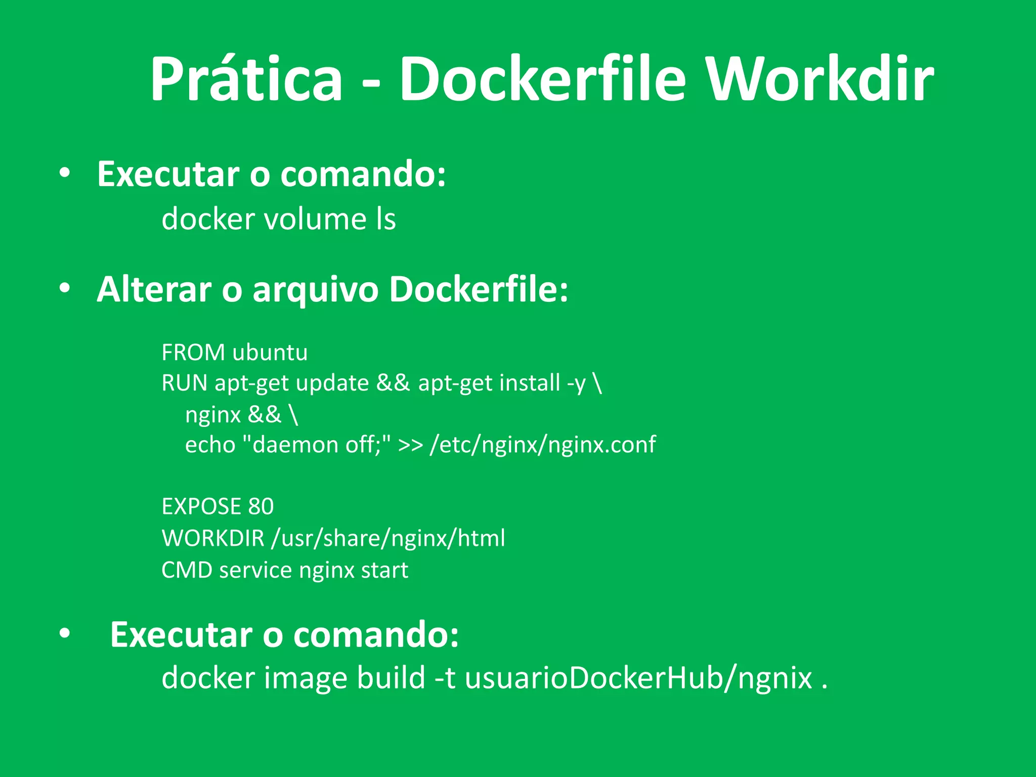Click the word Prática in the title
pyautogui.click(x=246, y=79)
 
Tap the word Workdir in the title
pyautogui.click(x=819, y=79)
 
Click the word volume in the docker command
pyautogui.click(x=315, y=220)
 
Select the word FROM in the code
pyautogui.click(x=193, y=353)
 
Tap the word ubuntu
pyautogui.click(x=270, y=353)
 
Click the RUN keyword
pyautogui.click(x=184, y=383)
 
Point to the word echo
pyautogui.click(x=210, y=445)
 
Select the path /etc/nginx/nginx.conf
pyautogui.click(x=542, y=445)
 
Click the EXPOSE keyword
pyautogui.click(x=201, y=507)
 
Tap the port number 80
pyautogui.click(x=261, y=507)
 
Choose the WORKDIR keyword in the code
pyautogui.click(x=213, y=538)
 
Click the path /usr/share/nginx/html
pyautogui.click(x=388, y=538)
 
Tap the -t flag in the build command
pyautogui.click(x=445, y=678)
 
